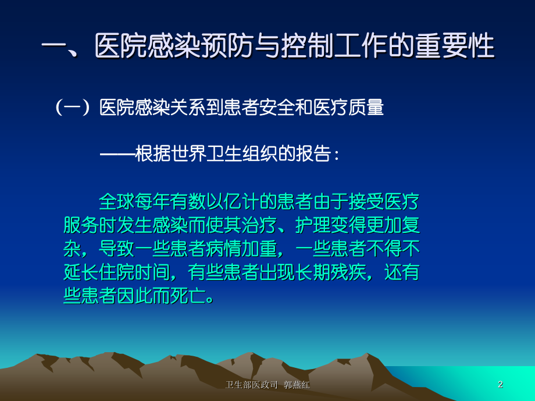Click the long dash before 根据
click(x=116, y=155)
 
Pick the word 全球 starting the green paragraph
click(x=116, y=203)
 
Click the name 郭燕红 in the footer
click(x=297, y=385)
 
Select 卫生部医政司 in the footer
click(x=251, y=385)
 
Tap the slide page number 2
click(x=501, y=384)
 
